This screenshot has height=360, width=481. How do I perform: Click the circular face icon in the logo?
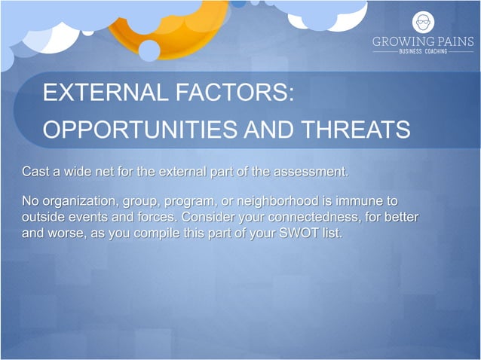point(423,22)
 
